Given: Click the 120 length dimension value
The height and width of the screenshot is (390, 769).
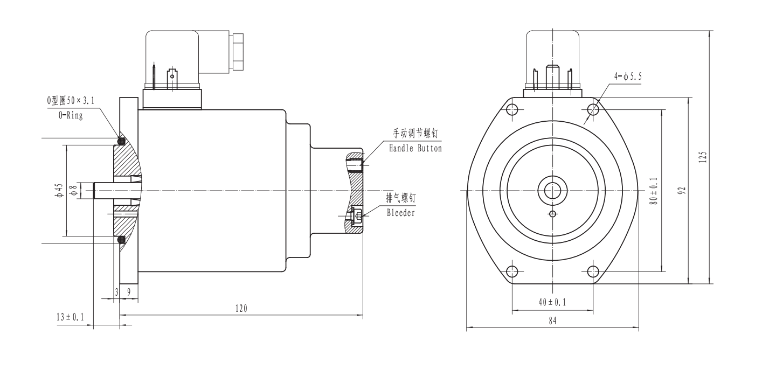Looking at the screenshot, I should (x=241, y=309).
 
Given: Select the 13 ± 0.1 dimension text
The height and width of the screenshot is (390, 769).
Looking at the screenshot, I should (x=70, y=318).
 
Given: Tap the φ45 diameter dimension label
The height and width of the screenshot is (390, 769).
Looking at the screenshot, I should (x=59, y=190).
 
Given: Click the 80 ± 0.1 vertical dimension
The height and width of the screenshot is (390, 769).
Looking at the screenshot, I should (x=654, y=191).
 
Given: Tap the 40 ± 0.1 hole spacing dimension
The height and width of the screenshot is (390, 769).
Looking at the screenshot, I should (x=552, y=302).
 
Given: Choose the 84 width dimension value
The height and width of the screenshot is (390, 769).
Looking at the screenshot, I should (x=552, y=321).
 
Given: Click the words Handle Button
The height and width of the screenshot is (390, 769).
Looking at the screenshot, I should (x=415, y=148).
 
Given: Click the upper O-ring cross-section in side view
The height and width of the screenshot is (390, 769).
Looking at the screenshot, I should (x=121, y=142).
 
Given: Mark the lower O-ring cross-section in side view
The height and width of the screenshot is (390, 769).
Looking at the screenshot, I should (x=121, y=239).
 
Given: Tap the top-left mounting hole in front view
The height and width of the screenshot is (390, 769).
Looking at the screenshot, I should (x=512, y=110).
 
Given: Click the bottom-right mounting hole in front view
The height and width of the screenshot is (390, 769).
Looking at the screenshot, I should (x=593, y=270).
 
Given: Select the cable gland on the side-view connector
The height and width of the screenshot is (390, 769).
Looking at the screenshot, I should (x=237, y=52).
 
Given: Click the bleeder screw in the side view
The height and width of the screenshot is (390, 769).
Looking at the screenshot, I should (x=356, y=216).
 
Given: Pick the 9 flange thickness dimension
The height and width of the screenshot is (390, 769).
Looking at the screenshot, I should (x=128, y=292).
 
